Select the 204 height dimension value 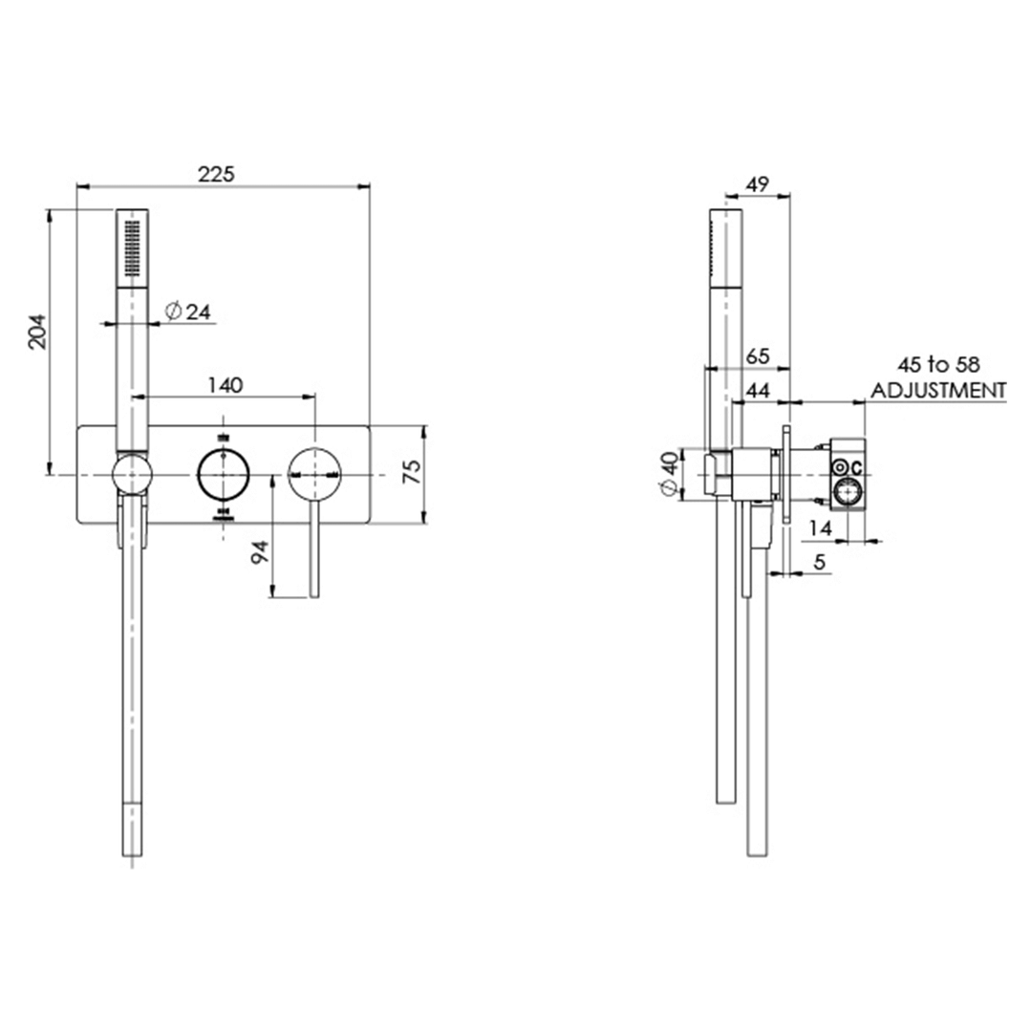(36, 332)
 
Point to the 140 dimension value (225, 384)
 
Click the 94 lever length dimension (259, 553)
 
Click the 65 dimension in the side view (757, 355)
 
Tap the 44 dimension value (757, 390)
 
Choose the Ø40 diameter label (670, 473)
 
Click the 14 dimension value (819, 527)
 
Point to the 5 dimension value (819, 563)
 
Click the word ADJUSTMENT (937, 390)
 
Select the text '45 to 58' (937, 365)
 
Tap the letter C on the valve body (856, 468)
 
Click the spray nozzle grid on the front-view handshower (131, 247)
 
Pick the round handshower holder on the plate (131, 473)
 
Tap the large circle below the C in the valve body (846, 493)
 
